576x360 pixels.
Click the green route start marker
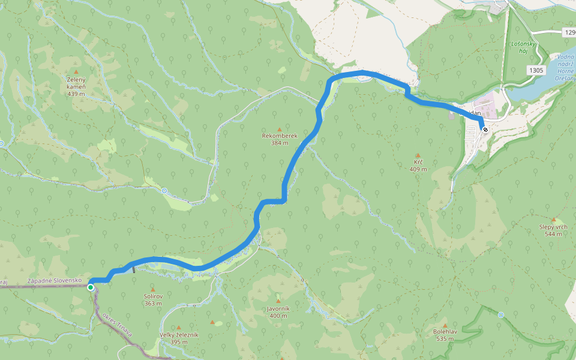91,287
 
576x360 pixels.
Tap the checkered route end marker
485,129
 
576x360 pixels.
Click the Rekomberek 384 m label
279,139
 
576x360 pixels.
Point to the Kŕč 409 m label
418,166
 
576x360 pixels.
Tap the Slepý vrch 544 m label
553,230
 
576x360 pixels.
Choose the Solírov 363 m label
153,299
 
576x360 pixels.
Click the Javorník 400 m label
278,312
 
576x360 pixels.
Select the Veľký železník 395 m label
179,338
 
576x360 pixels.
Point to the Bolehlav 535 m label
445,335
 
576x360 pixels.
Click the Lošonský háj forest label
519,48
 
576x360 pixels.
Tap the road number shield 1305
536,70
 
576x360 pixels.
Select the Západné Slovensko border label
54,281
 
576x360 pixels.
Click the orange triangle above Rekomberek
279,129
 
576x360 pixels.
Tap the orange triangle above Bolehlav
445,325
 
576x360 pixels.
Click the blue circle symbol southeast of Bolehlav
501,314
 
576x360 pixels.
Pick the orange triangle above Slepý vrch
553,220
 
